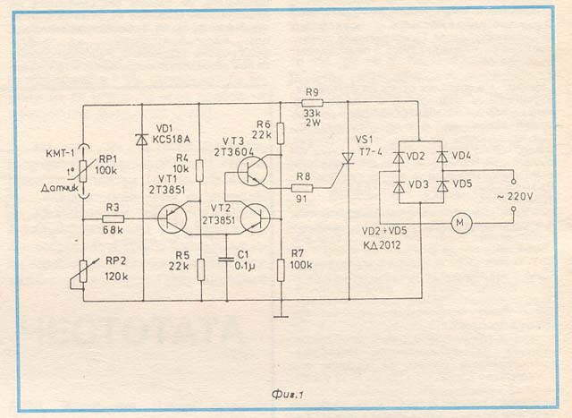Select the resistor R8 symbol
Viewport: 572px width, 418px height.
click(302, 189)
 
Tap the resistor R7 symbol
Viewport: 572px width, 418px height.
click(280, 268)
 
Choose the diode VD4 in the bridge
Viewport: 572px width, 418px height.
click(442, 156)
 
